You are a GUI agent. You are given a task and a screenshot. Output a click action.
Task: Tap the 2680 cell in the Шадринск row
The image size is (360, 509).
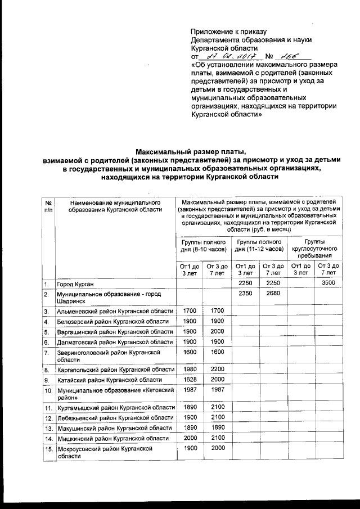[x=273, y=293]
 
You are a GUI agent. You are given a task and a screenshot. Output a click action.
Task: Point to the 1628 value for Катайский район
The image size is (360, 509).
[x=190, y=380]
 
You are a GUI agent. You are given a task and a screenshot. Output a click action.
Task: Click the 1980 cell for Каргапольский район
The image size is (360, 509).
[x=190, y=369]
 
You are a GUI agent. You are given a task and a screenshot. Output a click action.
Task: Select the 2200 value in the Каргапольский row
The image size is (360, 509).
[x=217, y=369]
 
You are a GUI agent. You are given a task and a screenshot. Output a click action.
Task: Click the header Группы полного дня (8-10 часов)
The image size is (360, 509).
[x=203, y=245]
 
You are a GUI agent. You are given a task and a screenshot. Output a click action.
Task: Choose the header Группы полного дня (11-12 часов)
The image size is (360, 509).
[x=259, y=245]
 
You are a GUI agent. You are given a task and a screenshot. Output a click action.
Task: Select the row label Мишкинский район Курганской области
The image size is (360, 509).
[x=112, y=438]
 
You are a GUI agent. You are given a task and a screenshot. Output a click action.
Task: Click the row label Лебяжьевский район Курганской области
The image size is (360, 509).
[x=114, y=418]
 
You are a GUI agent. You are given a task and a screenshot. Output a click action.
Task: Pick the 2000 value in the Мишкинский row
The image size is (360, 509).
[x=190, y=438]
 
